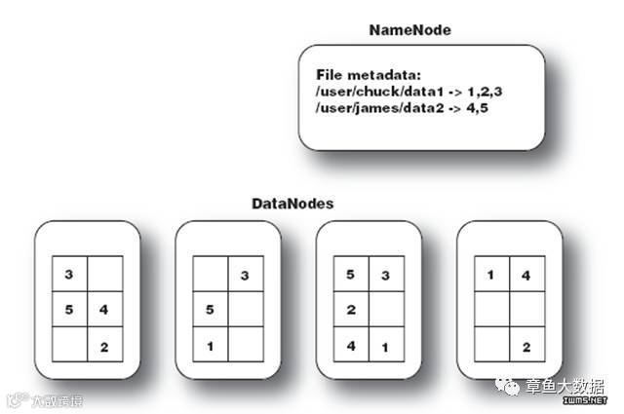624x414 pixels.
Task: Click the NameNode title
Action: pyautogui.click(x=409, y=30)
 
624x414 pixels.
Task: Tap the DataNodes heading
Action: pyautogui.click(x=292, y=204)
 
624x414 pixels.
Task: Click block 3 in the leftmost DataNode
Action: pyautogui.click(x=69, y=275)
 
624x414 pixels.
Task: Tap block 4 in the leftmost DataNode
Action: pyautogui.click(x=104, y=310)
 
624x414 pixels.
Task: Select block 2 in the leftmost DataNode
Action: pyautogui.click(x=104, y=346)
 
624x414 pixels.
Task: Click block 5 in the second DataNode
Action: pyautogui.click(x=210, y=310)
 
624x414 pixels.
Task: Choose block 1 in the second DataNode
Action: pyautogui.click(x=210, y=346)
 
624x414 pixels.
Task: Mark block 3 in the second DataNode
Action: pyautogui.click(x=245, y=276)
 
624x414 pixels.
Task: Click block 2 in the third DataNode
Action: pyautogui.click(x=350, y=310)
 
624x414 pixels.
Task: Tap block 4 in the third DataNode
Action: pyautogui.click(x=350, y=346)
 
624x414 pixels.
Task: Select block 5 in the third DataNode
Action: pyautogui.click(x=350, y=275)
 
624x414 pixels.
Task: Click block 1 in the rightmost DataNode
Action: pyautogui.click(x=490, y=275)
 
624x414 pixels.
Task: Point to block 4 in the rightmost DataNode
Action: pyautogui.click(x=526, y=275)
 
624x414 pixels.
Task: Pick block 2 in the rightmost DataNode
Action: pyautogui.click(x=526, y=346)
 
